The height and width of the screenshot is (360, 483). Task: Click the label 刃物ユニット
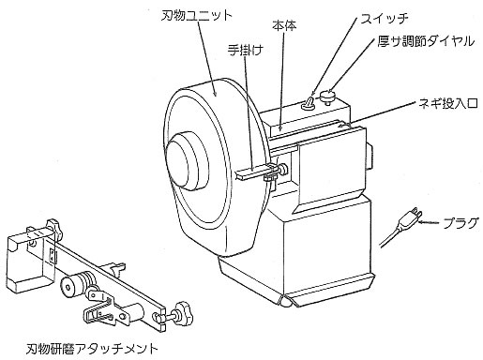pyautogui.click(x=197, y=15)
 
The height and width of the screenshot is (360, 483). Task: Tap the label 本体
pyautogui.click(x=284, y=26)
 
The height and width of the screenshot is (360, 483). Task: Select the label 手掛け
pyautogui.click(x=245, y=50)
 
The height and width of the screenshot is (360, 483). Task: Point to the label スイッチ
pyautogui.click(x=385, y=19)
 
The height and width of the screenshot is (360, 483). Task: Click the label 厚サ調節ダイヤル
pyautogui.click(x=426, y=41)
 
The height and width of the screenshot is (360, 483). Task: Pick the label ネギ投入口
pyautogui.click(x=447, y=103)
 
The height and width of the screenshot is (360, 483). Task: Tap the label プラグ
pyautogui.click(x=460, y=223)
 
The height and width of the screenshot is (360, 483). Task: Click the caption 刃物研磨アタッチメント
pyautogui.click(x=93, y=349)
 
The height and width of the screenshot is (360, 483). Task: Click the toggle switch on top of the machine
pyautogui.click(x=308, y=103)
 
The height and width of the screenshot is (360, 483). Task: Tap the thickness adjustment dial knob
pyautogui.click(x=327, y=96)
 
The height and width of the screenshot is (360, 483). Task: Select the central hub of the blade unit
pyautogui.click(x=187, y=160)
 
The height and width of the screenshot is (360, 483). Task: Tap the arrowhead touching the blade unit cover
pyautogui.click(x=214, y=93)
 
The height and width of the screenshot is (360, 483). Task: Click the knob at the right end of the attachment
pyautogui.click(x=184, y=313)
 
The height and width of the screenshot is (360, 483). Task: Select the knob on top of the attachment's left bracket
pyautogui.click(x=53, y=227)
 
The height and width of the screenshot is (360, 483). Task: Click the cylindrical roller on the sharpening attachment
pyautogui.click(x=75, y=283)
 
